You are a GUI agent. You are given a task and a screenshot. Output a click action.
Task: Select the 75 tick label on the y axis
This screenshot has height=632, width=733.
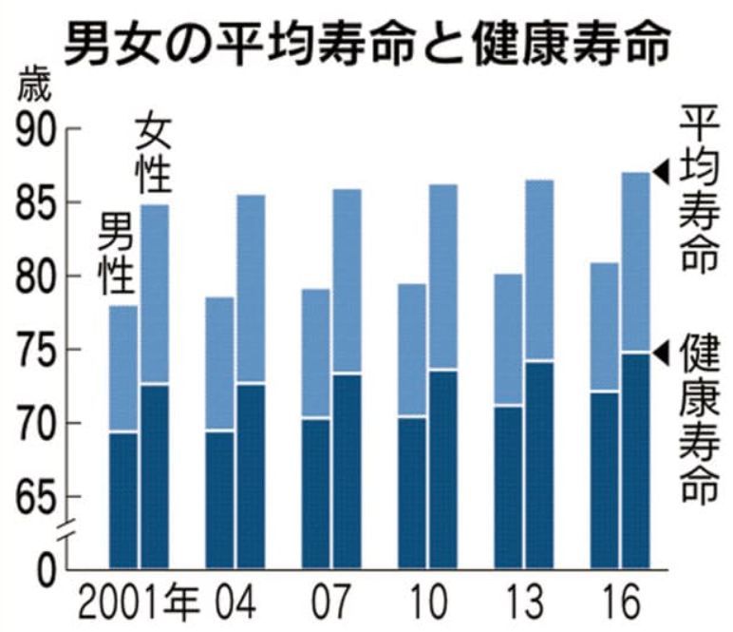[x=35, y=351]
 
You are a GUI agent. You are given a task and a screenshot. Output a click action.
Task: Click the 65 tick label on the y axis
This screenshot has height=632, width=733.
[x=35, y=497]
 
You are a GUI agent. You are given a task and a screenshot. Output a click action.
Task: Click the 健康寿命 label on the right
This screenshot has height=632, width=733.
[x=699, y=418]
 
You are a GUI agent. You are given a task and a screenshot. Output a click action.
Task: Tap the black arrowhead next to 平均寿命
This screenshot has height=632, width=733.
[x=662, y=172]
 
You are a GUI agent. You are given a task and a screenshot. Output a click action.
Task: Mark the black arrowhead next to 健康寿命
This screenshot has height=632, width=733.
[x=662, y=349]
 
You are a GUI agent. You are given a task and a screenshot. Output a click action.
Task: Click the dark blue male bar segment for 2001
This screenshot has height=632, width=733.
[x=123, y=499]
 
